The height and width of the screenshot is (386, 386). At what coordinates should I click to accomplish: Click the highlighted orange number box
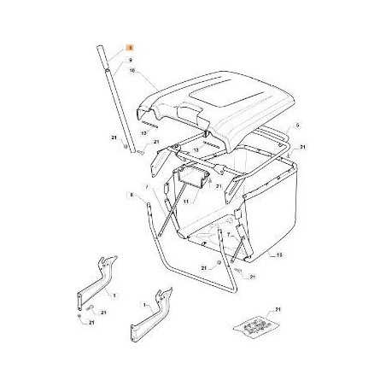click(130, 50)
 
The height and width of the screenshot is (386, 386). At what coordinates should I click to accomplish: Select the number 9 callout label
click(131, 61)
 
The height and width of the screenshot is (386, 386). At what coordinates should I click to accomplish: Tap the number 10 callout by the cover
click(132, 73)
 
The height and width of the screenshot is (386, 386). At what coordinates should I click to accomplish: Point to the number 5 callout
click(298, 126)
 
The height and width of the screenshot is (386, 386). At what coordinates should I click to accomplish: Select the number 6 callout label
click(132, 195)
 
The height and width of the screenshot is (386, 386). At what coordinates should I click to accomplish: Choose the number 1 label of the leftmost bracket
click(115, 295)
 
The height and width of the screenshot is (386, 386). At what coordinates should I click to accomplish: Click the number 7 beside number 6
click(146, 186)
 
